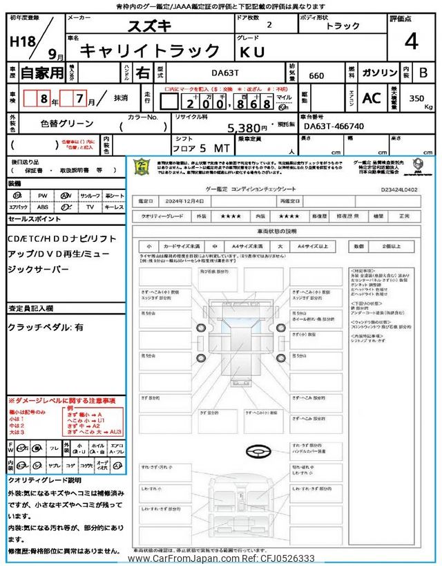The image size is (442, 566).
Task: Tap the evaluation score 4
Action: pyautogui.click(x=411, y=41)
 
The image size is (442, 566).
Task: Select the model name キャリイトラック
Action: pyautogui.click(x=150, y=50)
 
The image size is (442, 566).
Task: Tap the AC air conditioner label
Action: pyautogui.click(x=371, y=98)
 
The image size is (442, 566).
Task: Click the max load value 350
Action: pyautogui.click(x=416, y=98)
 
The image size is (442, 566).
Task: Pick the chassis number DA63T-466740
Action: pyautogui.click(x=334, y=126)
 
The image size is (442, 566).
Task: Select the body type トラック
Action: pyautogui.click(x=343, y=26)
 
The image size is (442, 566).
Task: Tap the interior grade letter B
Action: pyautogui.click(x=423, y=73)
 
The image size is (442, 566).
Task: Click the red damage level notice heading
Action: pyautogui.click(x=62, y=401)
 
